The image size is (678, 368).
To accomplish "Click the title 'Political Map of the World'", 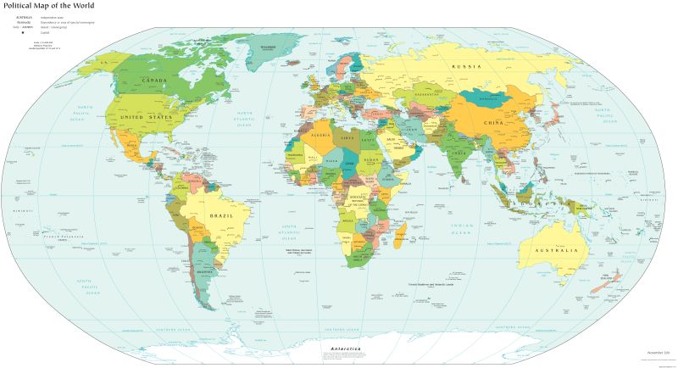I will (53, 6).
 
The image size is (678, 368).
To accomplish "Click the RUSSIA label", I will (466, 66).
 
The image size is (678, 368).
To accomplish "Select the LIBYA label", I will (348, 137).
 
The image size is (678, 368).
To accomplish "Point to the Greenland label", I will (269, 46).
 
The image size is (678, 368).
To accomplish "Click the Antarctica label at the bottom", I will (341, 349).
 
